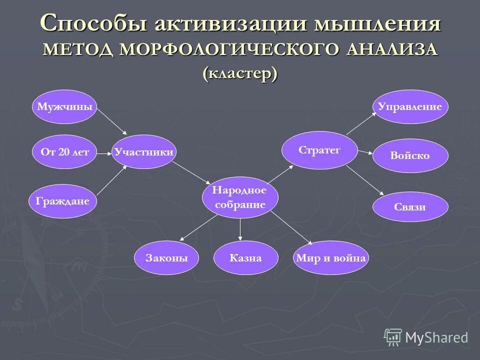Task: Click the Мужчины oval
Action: (64, 106)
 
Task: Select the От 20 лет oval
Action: (64, 152)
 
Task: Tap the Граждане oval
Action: (62, 201)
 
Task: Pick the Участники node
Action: (144, 152)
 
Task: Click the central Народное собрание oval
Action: (239, 197)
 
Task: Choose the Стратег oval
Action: (319, 150)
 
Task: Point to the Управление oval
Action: (410, 106)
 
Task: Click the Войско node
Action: (410, 155)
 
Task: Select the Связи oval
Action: (410, 206)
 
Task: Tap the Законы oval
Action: (167, 258)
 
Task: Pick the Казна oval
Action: (245, 258)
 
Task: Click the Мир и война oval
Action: (330, 258)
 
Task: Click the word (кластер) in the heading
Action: (240, 73)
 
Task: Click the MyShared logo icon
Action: (393, 337)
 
